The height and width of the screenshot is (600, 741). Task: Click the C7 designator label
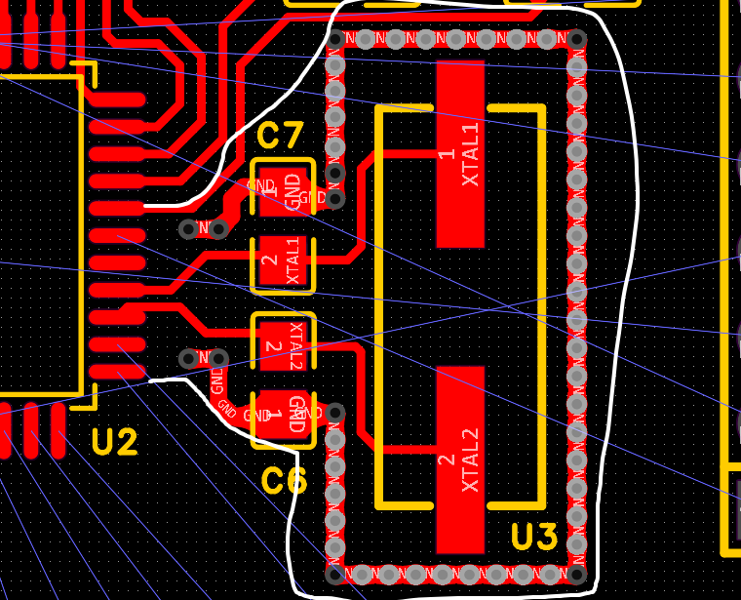point(281,137)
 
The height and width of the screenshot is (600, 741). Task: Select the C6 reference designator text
point(284,481)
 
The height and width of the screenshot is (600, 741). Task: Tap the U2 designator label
point(115,444)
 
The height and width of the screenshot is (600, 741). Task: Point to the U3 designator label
point(534,538)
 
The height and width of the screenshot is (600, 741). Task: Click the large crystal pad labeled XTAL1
point(460,154)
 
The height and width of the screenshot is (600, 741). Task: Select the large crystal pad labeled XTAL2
point(460,459)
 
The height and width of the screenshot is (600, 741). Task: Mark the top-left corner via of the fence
point(335,40)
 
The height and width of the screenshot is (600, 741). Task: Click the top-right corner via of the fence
point(576,40)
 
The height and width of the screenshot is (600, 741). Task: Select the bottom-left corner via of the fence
point(335,575)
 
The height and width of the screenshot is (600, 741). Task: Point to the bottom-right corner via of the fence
point(576,575)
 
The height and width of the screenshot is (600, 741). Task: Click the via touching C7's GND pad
point(334,199)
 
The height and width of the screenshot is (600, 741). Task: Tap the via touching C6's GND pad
point(334,413)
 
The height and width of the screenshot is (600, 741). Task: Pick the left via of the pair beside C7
point(189,228)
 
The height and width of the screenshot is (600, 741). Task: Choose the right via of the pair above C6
point(218,358)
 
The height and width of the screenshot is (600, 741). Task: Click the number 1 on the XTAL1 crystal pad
point(447,154)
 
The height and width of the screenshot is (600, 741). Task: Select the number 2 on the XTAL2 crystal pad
point(447,460)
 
